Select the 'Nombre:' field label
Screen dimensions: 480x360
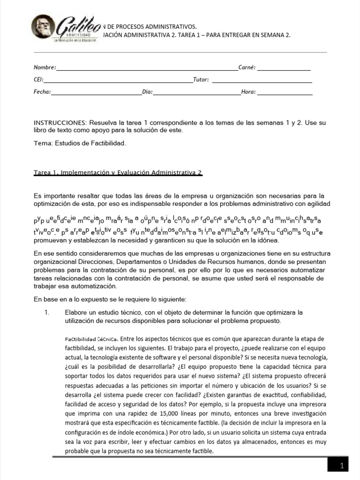coord(45,67)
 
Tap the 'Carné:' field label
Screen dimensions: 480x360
coord(247,67)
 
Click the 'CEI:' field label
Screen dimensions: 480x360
coord(38,80)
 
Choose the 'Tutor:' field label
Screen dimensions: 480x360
coord(201,80)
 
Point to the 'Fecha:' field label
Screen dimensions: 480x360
coord(42,92)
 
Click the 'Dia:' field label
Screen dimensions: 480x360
coord(148,92)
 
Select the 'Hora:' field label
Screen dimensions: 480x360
coord(248,92)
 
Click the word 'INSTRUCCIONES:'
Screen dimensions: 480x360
coord(60,122)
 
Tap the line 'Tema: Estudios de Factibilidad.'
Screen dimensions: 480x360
coord(80,143)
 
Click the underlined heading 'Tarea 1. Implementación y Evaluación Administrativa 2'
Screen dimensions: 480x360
coord(118,173)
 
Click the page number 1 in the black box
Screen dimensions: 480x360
coord(342,466)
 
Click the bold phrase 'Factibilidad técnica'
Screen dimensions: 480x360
coord(91,338)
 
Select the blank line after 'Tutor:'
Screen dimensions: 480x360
coord(262,82)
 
